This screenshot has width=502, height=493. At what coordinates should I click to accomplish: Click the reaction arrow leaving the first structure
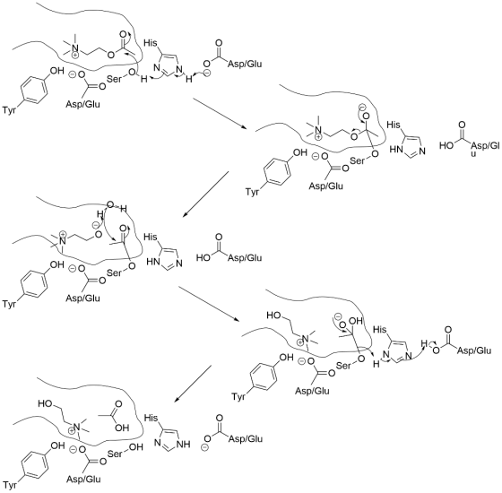point(220,113)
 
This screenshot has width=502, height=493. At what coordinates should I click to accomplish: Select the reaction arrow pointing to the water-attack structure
point(205,195)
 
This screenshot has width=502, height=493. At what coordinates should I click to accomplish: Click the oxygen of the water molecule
point(109,204)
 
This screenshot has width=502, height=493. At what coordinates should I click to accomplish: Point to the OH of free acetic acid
point(122,428)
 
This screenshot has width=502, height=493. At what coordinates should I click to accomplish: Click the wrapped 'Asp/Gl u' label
point(485,149)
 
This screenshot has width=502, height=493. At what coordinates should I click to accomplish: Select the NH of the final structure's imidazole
point(183,444)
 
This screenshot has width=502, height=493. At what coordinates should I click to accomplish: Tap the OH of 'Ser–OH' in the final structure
point(135,447)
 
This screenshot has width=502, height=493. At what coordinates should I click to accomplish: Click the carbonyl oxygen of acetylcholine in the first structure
point(123,34)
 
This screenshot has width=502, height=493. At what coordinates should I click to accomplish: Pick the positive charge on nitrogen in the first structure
point(75,56)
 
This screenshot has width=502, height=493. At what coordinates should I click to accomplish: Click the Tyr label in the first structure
point(9,110)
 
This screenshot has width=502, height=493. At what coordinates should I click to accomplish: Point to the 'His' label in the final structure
point(151,418)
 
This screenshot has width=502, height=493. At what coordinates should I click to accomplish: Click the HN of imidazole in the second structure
point(396,149)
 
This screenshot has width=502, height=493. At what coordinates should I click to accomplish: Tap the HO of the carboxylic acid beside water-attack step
point(203,257)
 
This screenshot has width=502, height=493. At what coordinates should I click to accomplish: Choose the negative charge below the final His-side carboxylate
point(206,447)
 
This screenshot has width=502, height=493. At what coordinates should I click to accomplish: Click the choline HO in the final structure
point(45,403)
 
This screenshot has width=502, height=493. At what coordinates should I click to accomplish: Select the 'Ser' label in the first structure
point(115,79)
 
